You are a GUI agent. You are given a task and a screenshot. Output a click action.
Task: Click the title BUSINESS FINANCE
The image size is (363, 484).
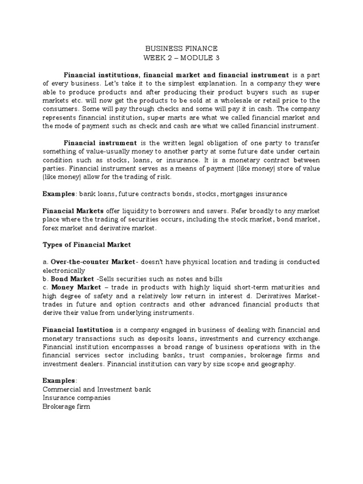point(181,48)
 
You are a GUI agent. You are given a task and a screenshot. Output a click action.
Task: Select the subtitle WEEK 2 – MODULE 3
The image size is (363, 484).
point(181,58)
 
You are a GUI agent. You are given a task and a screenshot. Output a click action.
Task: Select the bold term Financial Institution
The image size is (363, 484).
point(78,329)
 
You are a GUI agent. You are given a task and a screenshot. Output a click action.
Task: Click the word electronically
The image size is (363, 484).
point(64,270)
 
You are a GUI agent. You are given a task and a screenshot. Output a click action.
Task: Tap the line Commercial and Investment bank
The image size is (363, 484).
point(96,389)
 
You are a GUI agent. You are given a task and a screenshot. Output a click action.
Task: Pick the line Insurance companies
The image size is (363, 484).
point(76,398)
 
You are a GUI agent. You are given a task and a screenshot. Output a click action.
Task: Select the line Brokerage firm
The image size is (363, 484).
point(66,406)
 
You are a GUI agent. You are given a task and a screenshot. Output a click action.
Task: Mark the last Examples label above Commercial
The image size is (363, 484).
point(59,380)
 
